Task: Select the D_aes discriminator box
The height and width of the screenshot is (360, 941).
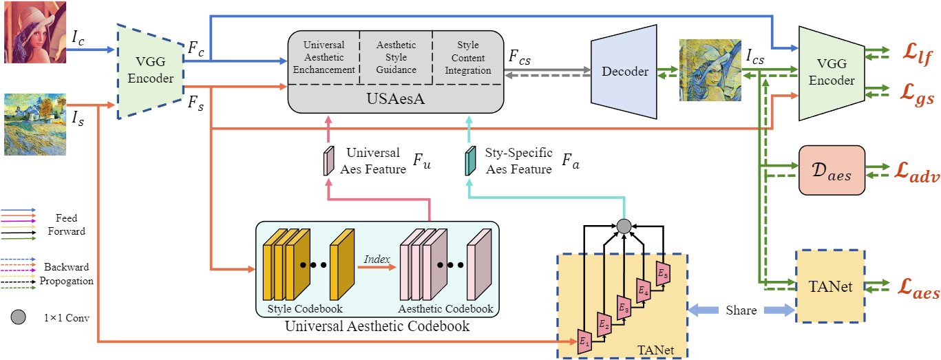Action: [831, 169]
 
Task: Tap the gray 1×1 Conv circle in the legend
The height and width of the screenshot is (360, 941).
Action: [19, 317]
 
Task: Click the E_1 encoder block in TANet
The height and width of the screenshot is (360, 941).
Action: [585, 339]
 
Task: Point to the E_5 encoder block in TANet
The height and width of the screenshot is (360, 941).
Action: [663, 273]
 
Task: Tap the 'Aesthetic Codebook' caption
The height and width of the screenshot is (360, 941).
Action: [445, 308]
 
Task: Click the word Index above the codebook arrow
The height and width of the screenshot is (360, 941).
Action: [377, 259]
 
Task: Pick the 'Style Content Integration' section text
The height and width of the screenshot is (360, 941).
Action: [468, 58]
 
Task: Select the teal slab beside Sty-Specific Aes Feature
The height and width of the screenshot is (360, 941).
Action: [471, 160]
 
